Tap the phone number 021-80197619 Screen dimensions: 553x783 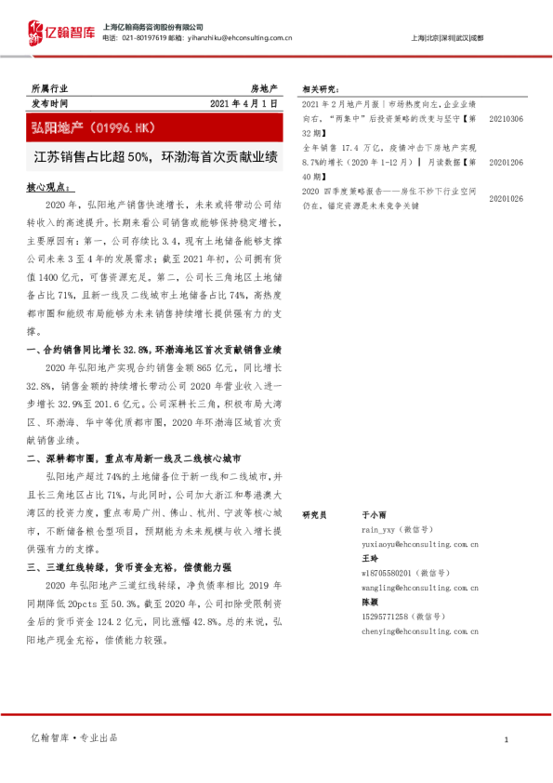coord(146,38)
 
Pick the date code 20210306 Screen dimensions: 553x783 coord(506,120)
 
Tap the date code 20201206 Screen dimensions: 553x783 coord(506,161)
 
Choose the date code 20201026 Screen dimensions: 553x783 coord(506,198)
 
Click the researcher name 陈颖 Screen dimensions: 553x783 coord(370,603)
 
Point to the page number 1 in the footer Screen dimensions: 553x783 coord(506,739)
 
